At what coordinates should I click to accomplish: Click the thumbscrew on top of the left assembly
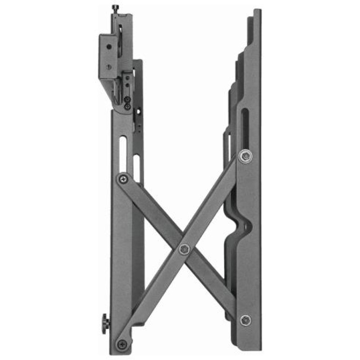[115, 8]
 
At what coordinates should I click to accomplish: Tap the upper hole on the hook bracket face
[108, 46]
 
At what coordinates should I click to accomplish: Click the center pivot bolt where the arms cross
[184, 249]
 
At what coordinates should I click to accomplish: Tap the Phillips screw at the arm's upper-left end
[122, 179]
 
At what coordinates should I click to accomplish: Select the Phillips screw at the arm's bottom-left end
[121, 344]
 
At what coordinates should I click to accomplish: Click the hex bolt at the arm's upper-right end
[245, 156]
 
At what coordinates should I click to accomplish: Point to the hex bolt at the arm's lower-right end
[245, 320]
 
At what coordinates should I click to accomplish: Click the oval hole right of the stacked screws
[140, 110]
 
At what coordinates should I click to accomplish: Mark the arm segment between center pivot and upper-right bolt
[214, 202]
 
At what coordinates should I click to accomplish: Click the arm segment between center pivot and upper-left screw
[153, 214]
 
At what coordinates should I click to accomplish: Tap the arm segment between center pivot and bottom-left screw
[153, 297]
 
